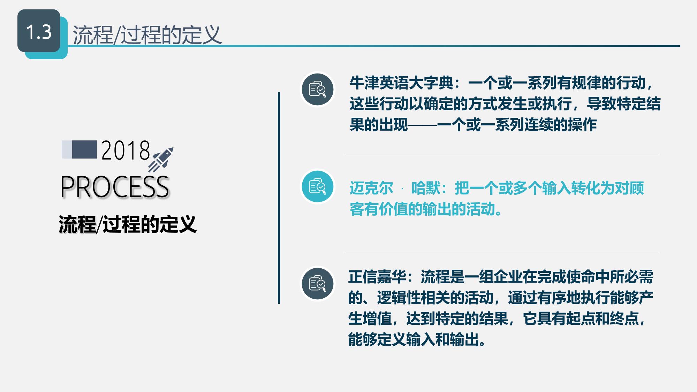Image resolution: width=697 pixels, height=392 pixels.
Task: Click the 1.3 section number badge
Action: point(39,31)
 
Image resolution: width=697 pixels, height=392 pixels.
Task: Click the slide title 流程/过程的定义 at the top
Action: point(147,35)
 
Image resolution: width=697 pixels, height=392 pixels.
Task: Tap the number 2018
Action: point(126,151)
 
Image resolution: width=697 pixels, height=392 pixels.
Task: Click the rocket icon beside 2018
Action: point(161,160)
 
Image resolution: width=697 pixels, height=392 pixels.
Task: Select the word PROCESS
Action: point(115,187)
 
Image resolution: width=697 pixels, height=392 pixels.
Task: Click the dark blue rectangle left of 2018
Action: point(84,149)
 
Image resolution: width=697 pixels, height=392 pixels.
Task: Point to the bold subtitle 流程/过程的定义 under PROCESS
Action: point(128,224)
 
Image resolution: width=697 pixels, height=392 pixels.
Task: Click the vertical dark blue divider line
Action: point(279,198)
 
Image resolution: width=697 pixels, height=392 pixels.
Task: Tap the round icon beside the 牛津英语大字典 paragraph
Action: point(318,89)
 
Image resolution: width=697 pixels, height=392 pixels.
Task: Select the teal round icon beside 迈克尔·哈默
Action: point(318,186)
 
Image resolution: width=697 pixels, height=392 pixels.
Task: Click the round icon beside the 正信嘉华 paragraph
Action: point(318,284)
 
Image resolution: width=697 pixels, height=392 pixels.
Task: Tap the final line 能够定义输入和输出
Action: point(417,339)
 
